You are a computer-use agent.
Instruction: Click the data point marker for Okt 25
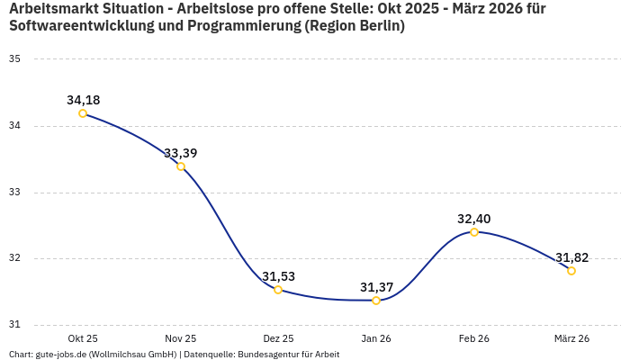pyautogui.click(x=83, y=113)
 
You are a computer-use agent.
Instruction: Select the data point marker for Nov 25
pyautogui.click(x=181, y=166)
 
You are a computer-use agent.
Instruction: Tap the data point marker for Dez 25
pyautogui.click(x=278, y=290)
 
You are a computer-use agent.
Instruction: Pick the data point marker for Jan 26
pyautogui.click(x=376, y=301)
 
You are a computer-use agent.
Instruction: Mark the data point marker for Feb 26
pyautogui.click(x=474, y=232)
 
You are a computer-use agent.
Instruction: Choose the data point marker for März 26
pyautogui.click(x=571, y=271)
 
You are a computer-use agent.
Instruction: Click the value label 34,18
pyautogui.click(x=83, y=100)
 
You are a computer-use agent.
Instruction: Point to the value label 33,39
pyautogui.click(x=181, y=153)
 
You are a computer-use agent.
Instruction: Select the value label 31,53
pyautogui.click(x=278, y=276)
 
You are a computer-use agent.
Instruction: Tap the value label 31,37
pyautogui.click(x=376, y=287)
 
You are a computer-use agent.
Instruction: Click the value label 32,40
pyautogui.click(x=474, y=219)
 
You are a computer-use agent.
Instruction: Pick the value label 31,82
pyautogui.click(x=571, y=257)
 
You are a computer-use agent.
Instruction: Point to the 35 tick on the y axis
pyautogui.click(x=14, y=59)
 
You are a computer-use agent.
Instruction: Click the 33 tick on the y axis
pyautogui.click(x=14, y=193)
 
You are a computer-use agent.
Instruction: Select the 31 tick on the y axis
pyautogui.click(x=14, y=325)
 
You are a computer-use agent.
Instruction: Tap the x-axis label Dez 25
pyautogui.click(x=278, y=338)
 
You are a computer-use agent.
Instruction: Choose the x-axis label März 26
pyautogui.click(x=571, y=338)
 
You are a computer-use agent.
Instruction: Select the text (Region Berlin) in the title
pyautogui.click(x=355, y=26)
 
